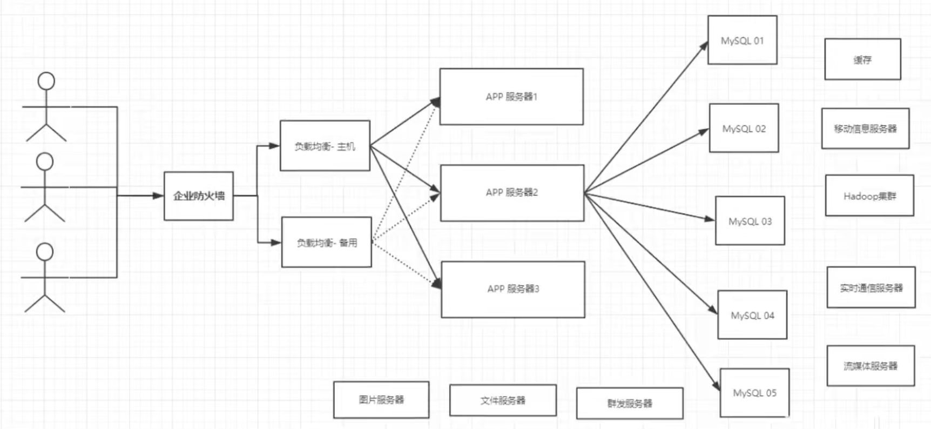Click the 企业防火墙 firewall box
pos(199,196)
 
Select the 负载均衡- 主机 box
pos(325,146)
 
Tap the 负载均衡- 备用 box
pos(327,243)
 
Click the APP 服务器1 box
pos(511,97)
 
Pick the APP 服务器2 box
pos(512,193)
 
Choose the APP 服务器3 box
pos(513,289)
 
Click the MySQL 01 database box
pos(743,41)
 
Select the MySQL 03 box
pos(750,221)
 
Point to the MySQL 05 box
pos(754,393)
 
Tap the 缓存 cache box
pos(862,59)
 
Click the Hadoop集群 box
pos(869,196)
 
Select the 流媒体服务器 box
pos(871,366)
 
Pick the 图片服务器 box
pos(381,400)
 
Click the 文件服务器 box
pos(503,400)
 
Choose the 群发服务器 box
pos(630,403)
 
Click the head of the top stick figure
pos(46,81)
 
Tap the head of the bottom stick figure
pos(45,251)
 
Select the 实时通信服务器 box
pos(871,287)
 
